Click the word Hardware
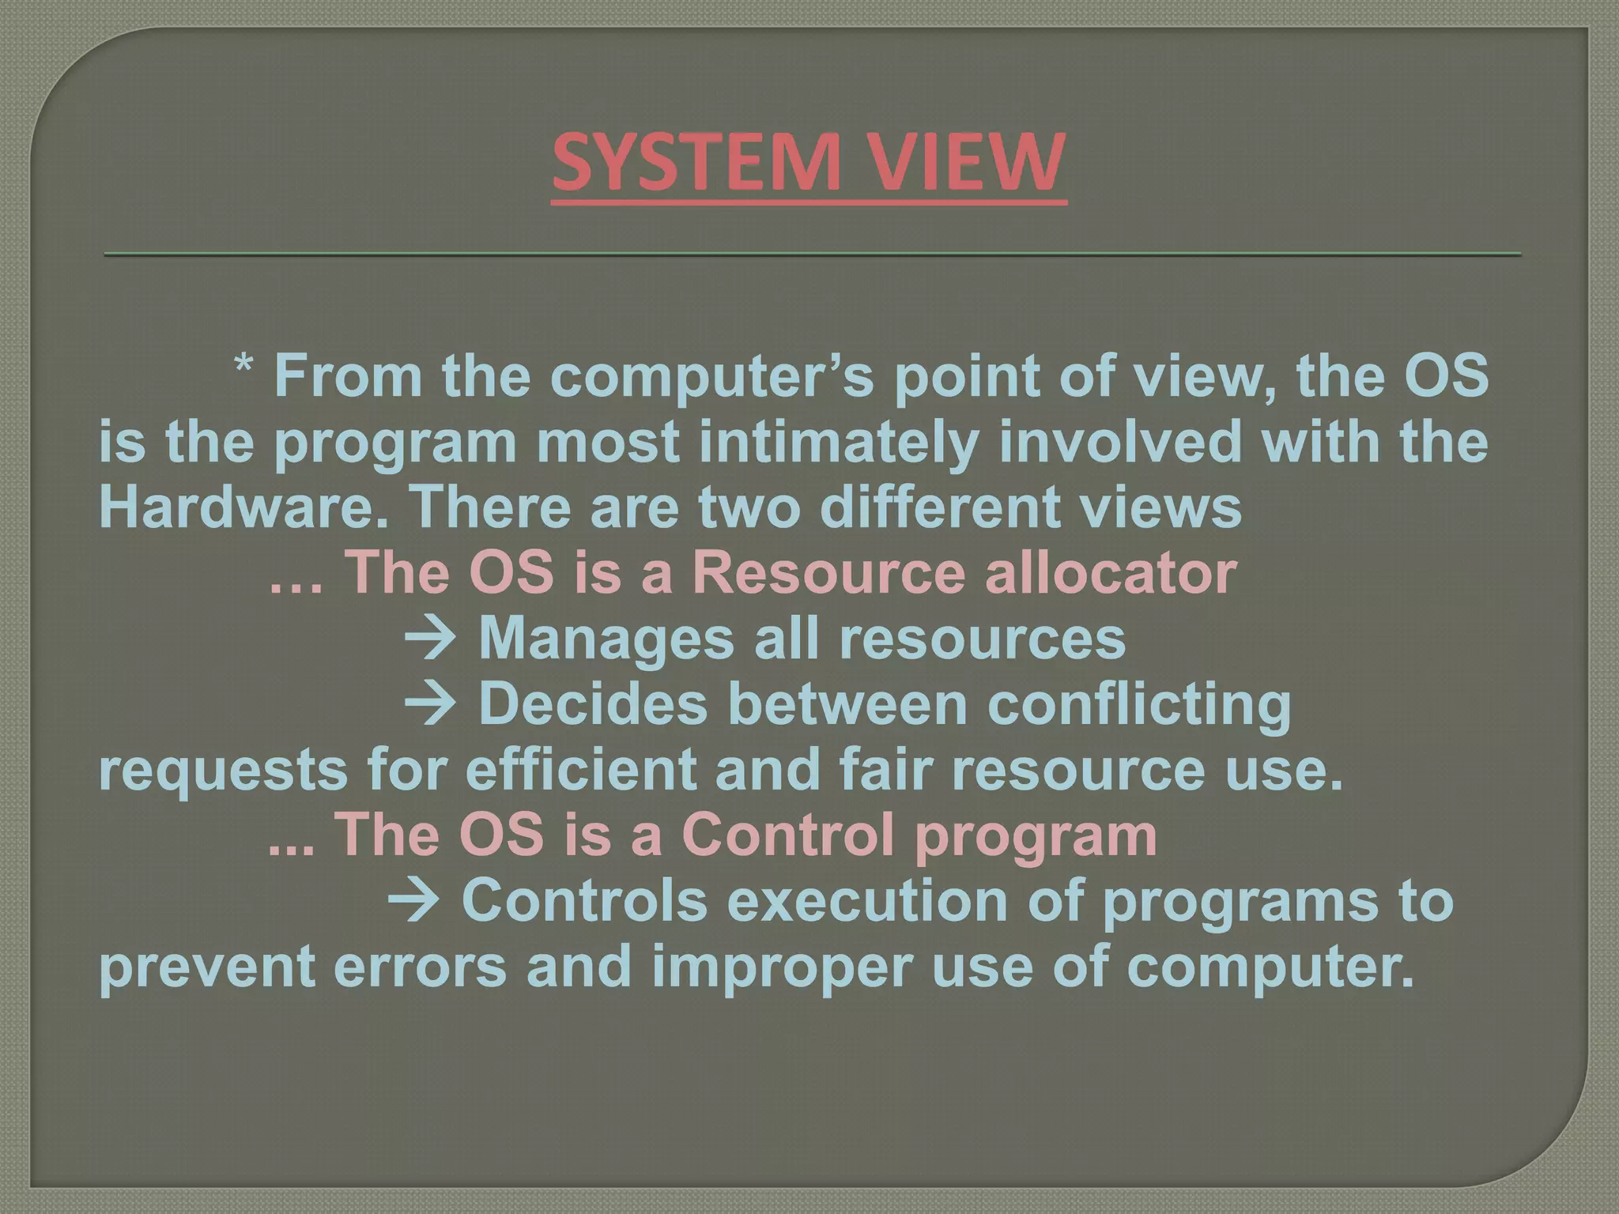(242, 507)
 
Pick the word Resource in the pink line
(828, 572)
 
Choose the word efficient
(581, 770)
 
